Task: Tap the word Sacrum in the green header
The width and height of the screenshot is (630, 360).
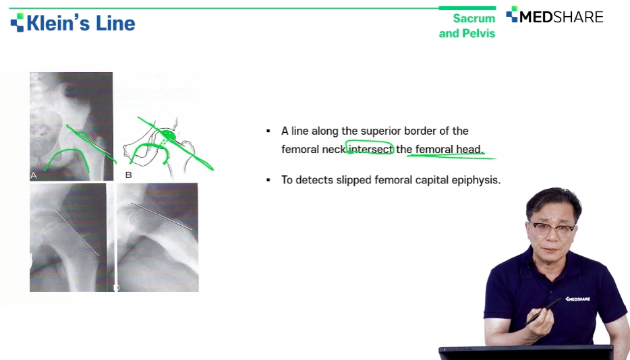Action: [474, 18]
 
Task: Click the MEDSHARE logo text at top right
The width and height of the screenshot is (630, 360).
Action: [561, 17]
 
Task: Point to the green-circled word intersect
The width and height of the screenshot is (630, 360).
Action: [370, 149]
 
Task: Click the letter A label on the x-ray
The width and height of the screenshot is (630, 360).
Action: [34, 175]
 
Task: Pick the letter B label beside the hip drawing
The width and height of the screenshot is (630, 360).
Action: [129, 175]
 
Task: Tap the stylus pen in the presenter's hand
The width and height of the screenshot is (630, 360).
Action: [543, 311]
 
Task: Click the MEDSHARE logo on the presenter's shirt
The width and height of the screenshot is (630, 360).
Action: [578, 299]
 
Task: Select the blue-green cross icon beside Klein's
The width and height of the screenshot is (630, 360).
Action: [18, 22]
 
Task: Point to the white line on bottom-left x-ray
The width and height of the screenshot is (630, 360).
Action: [77, 233]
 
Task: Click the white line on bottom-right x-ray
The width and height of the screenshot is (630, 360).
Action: [161, 216]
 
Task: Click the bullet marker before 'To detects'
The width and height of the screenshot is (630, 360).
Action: [268, 180]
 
